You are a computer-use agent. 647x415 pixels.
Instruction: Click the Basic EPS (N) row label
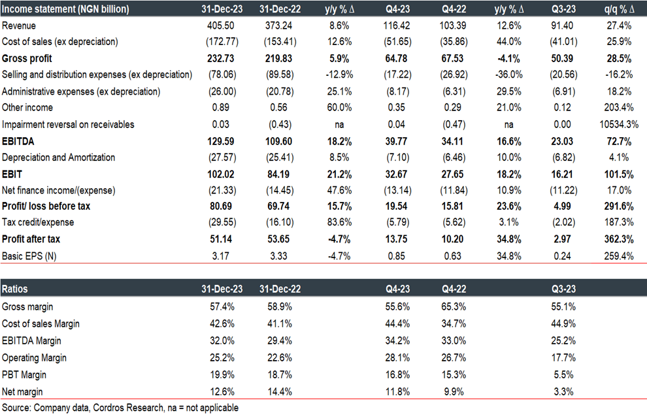tap(30, 256)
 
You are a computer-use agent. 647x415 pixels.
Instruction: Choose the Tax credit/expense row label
tap(38, 222)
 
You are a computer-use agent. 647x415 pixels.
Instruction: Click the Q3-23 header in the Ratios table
tap(563, 288)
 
